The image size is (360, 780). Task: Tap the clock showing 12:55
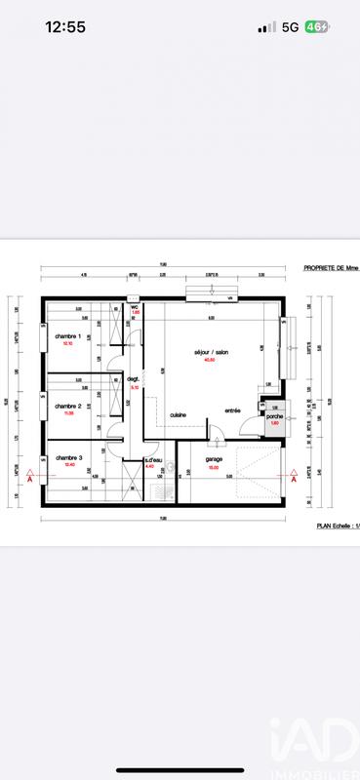pos(65,27)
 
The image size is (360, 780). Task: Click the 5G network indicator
pos(290,28)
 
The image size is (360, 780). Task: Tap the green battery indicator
pos(316,27)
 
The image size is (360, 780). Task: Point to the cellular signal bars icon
pos(266,28)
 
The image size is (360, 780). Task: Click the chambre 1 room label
pos(68,336)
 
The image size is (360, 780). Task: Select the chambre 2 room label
pos(67,406)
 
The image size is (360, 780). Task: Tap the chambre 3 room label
pos(68,457)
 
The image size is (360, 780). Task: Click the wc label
pos(136,305)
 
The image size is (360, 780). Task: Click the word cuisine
pos(179,414)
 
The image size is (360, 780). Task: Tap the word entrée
pos(233,410)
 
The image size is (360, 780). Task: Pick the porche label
pos(274,416)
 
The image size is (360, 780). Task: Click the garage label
pos(215,459)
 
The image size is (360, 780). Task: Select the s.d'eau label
pos(152,459)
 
